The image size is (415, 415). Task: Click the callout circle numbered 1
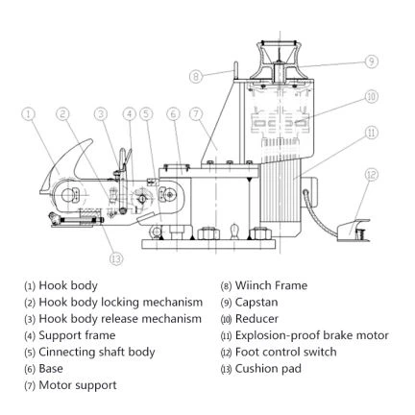[29, 113]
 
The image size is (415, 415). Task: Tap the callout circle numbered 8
[196, 76]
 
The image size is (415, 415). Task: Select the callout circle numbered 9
[372, 61]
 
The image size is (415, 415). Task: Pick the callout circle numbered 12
[372, 175]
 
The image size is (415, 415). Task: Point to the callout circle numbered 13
[116, 258]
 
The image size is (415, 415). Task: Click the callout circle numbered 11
[372, 133]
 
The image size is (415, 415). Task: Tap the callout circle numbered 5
[146, 113]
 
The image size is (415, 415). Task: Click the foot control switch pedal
[354, 230]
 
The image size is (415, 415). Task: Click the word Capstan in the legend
[256, 303]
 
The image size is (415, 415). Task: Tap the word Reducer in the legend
[256, 319]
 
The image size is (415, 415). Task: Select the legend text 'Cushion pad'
[268, 369]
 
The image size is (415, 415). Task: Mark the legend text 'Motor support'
[78, 385]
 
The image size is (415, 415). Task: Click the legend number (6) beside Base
[30, 369]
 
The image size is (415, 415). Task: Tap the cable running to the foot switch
[319, 213]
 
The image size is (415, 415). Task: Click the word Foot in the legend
[246, 352]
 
